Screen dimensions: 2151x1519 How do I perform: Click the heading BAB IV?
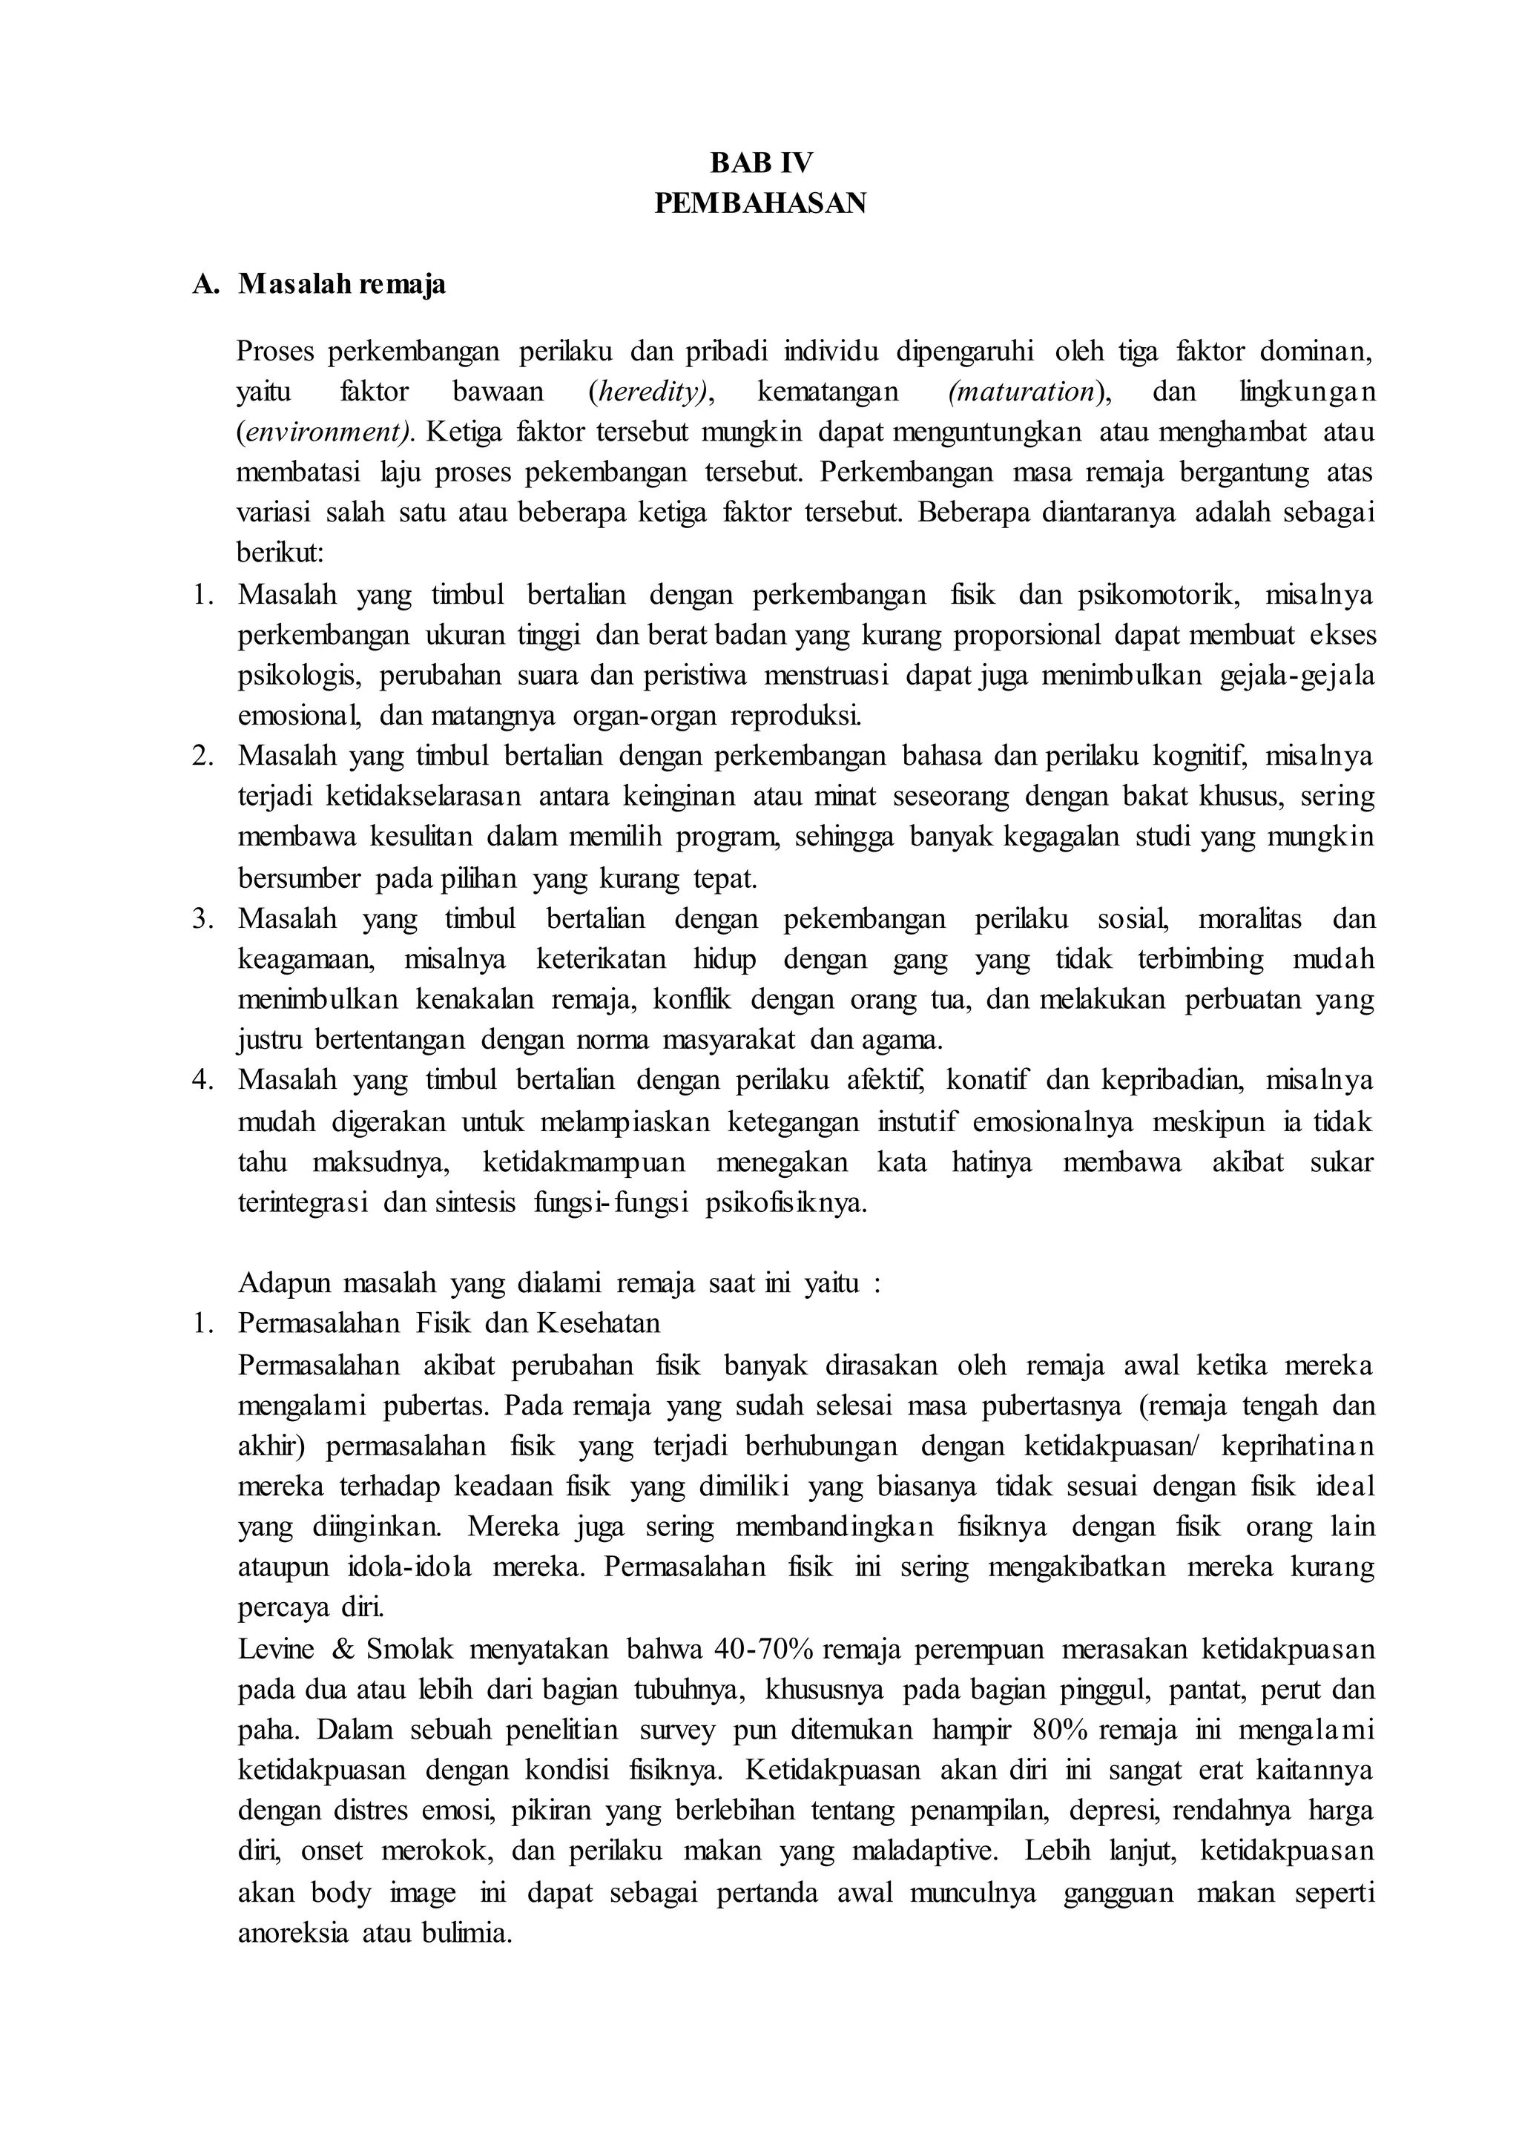coord(760,163)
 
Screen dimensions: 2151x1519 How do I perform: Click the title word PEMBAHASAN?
coord(760,203)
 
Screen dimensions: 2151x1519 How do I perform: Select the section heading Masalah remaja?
coord(341,284)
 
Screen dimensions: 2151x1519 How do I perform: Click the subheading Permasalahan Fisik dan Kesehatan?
coord(449,1322)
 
